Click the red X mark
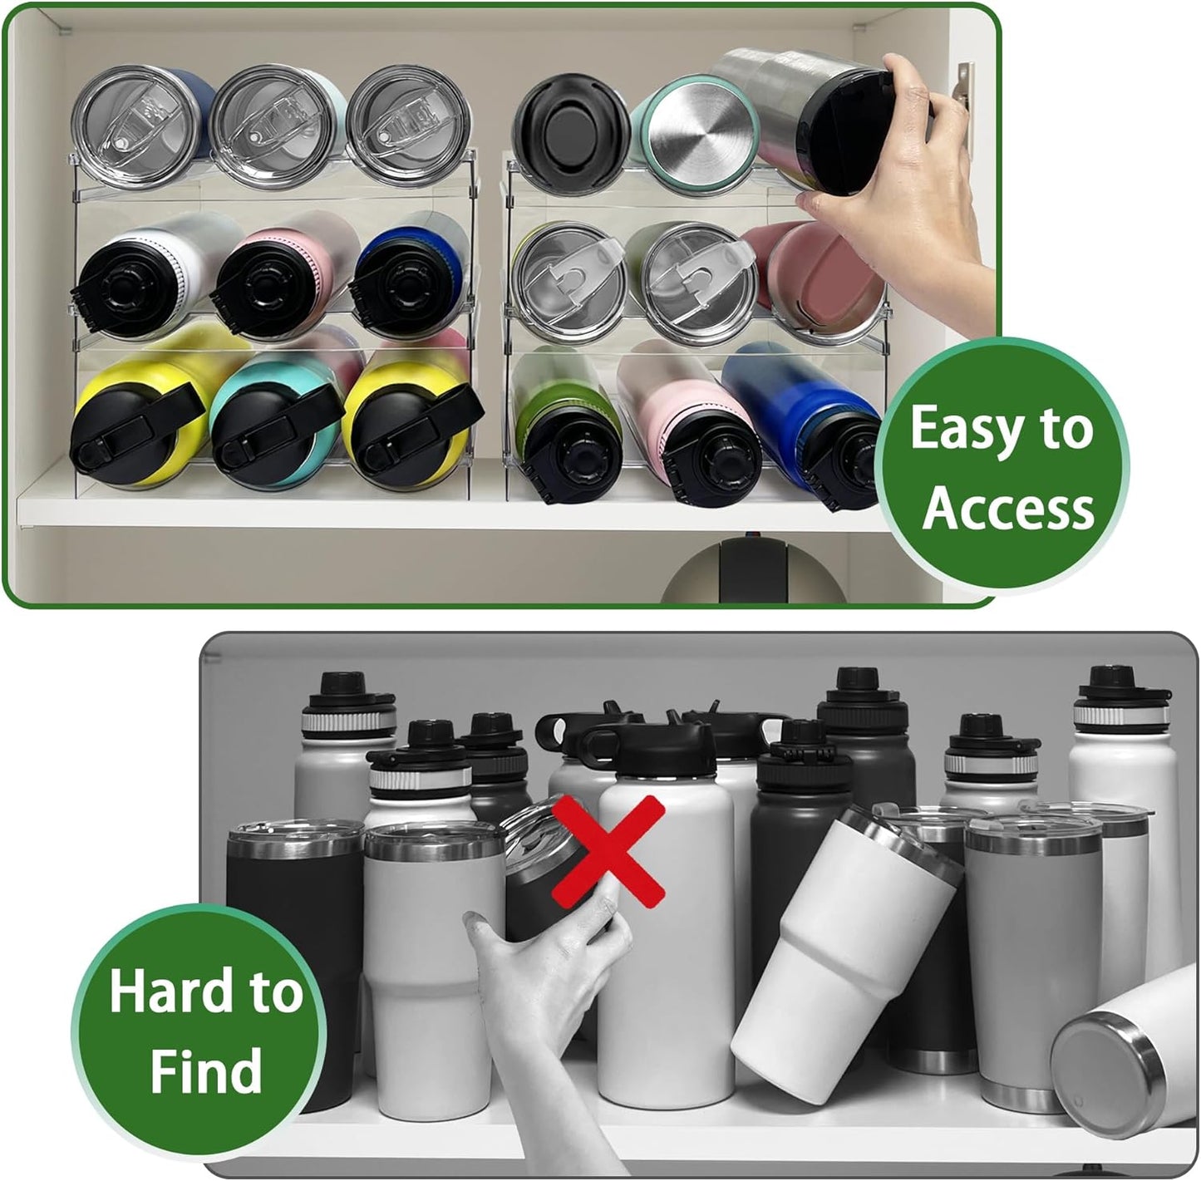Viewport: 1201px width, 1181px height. (x=608, y=852)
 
